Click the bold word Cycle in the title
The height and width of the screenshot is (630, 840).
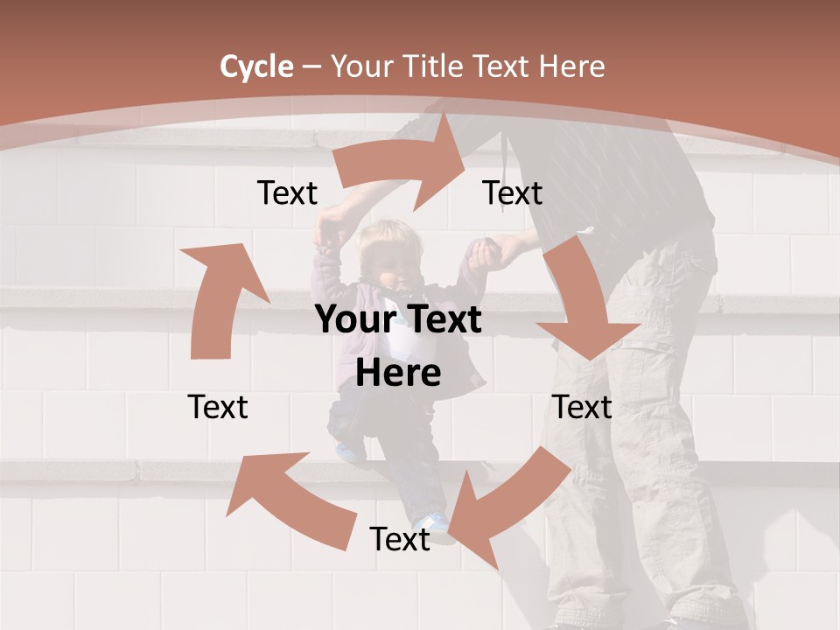pos(256,66)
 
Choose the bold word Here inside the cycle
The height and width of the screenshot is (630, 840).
pos(398,373)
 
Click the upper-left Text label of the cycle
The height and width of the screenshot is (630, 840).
pos(287,192)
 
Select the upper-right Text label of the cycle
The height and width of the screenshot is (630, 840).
pos(513,192)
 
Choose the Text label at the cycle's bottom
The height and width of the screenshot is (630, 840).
pos(400,539)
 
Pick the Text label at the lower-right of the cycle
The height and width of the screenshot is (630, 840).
pos(582,407)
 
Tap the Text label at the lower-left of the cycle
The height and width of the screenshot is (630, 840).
pos(218,407)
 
